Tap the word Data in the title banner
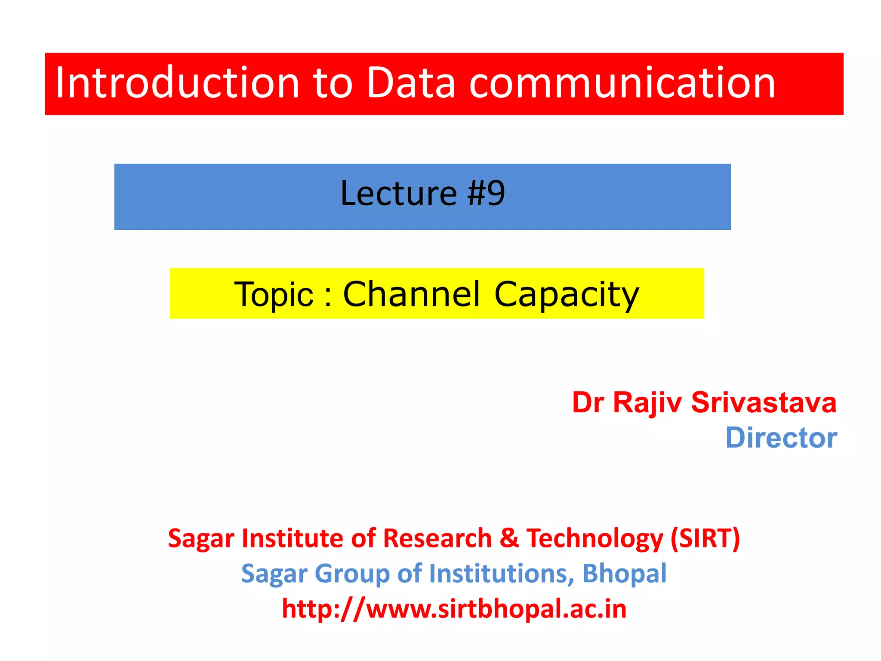(x=410, y=83)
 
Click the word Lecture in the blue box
(x=398, y=194)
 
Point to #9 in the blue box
(x=486, y=194)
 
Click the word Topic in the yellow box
(x=274, y=295)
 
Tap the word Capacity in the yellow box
(x=567, y=295)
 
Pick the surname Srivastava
(x=764, y=403)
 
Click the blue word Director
(x=781, y=438)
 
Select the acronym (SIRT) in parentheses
(x=705, y=538)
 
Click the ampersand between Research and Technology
(x=509, y=538)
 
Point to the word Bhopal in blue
(x=624, y=574)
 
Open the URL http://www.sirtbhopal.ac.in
(x=454, y=609)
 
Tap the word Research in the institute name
(x=437, y=538)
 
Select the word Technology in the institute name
(x=595, y=539)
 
